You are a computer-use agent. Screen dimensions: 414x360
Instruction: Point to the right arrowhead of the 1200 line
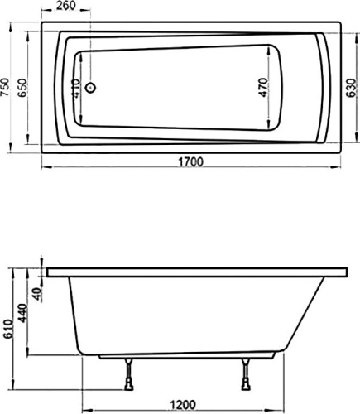tap(294, 397)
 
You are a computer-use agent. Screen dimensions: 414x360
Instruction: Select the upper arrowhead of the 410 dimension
tap(80, 55)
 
